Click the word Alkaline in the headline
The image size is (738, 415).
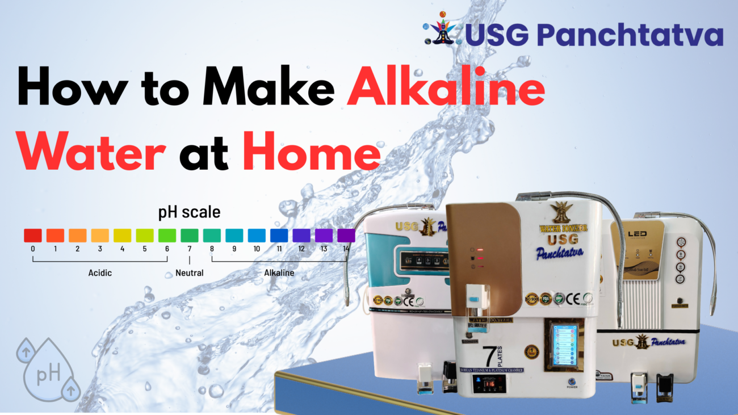[x=446, y=91]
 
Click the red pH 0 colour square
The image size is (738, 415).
[x=32, y=235]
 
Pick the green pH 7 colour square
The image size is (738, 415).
[x=190, y=235]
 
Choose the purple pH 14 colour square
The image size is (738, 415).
[x=346, y=235]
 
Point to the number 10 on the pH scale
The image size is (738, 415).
[x=257, y=249]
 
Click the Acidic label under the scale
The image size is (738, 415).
[x=100, y=273]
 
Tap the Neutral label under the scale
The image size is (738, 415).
[x=190, y=273]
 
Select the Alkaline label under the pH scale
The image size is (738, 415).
[x=279, y=273]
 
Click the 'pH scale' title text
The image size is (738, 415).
[x=189, y=213]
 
